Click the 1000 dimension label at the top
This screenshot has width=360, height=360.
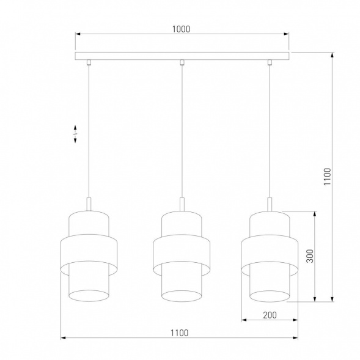click(x=182, y=29)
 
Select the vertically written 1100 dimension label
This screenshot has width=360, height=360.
click(x=326, y=178)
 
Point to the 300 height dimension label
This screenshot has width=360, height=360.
click(x=309, y=256)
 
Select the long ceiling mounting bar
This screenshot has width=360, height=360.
click(x=182, y=56)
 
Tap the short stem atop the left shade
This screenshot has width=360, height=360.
click(x=90, y=204)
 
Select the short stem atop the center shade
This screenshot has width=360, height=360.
click(x=182, y=204)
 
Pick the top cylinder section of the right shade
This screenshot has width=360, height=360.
click(x=270, y=222)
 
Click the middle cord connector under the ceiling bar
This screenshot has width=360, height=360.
click(x=182, y=62)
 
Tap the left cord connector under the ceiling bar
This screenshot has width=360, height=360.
click(x=89, y=62)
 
